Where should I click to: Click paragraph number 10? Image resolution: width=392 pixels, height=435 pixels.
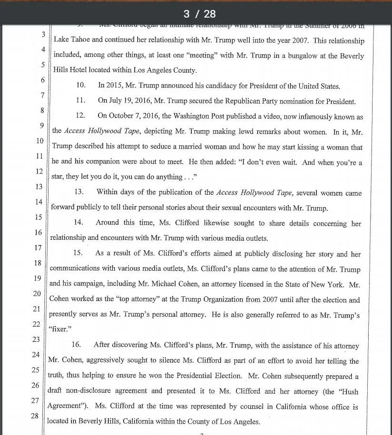pos(81,86)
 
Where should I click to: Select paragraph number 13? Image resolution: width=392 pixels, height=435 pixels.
pos(79,192)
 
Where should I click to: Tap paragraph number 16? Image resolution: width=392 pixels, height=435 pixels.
pos(76,345)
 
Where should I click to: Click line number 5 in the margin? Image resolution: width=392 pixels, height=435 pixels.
pos(43,65)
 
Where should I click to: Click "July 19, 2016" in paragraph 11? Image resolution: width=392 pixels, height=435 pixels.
pos(130,101)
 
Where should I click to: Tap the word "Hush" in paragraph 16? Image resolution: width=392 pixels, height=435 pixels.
pos(348,392)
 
